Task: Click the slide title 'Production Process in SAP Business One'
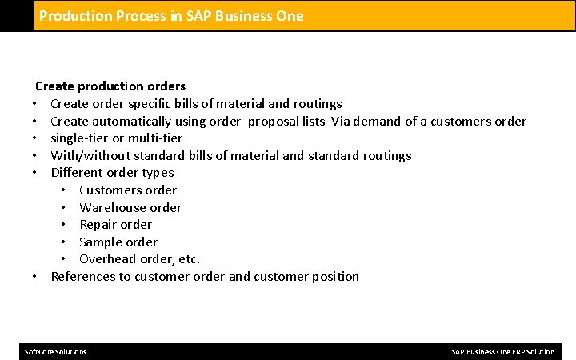(x=171, y=15)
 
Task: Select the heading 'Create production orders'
(x=110, y=86)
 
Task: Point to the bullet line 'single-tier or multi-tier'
(x=116, y=138)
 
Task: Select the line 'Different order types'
(x=112, y=172)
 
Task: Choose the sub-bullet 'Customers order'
(x=128, y=190)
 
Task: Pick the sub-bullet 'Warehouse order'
(x=130, y=207)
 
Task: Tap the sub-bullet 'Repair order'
(x=115, y=224)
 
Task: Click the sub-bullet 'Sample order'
(x=118, y=242)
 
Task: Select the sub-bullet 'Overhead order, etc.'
(x=139, y=259)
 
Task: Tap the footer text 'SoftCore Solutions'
(x=56, y=352)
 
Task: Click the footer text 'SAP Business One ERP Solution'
(x=502, y=352)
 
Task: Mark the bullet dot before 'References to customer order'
(x=37, y=277)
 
